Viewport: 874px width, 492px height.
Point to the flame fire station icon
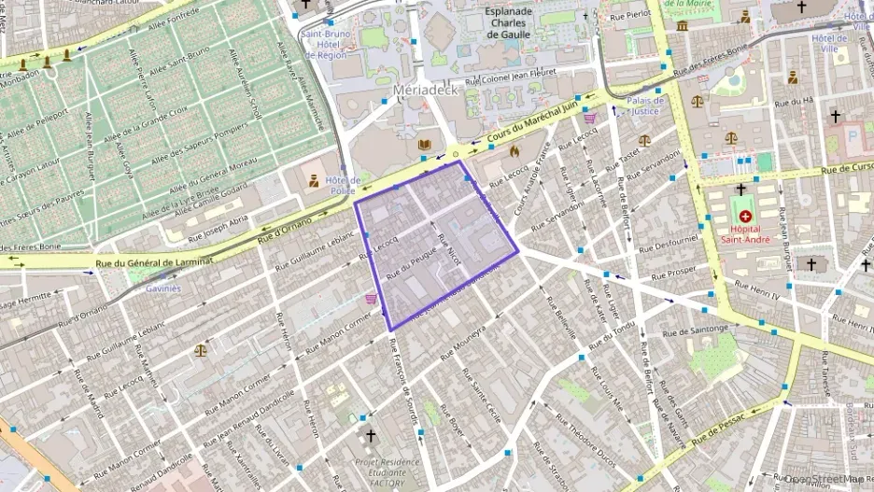click(513, 149)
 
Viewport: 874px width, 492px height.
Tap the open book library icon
click(425, 145)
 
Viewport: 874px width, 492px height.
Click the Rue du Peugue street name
click(412, 260)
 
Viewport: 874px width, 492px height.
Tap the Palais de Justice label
click(645, 105)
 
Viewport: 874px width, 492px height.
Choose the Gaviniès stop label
click(162, 288)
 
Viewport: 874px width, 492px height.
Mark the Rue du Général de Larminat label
click(154, 264)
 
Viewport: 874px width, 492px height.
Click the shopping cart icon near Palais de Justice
click(589, 119)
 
